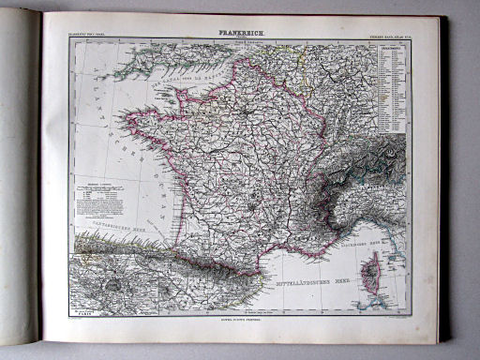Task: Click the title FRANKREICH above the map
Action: click(x=241, y=33)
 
